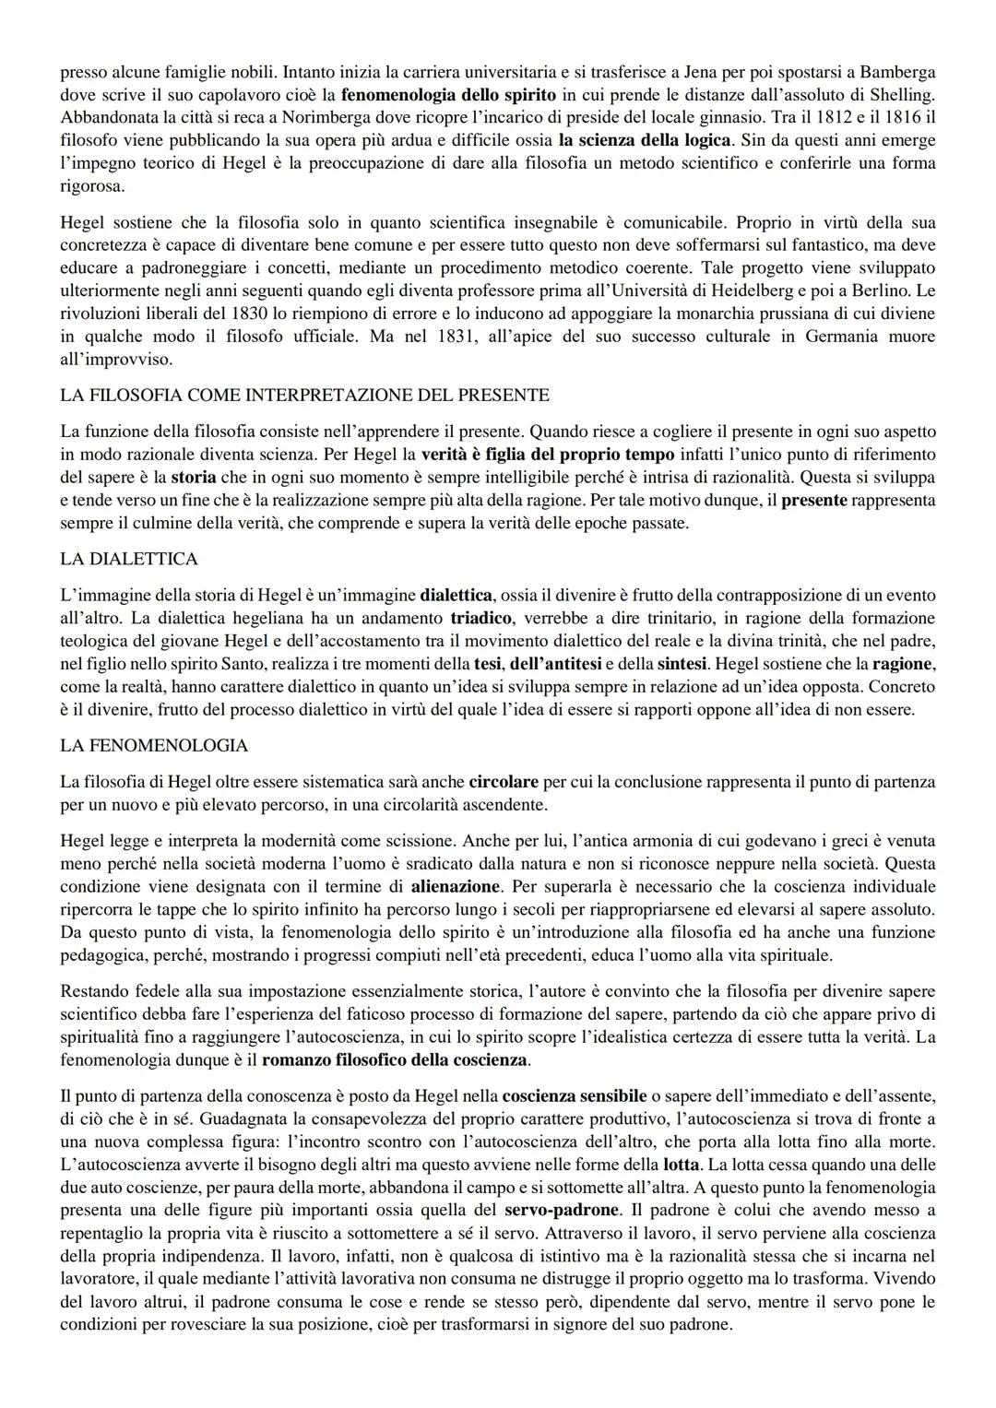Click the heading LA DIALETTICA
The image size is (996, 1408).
128,559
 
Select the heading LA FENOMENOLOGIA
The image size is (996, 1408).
154,744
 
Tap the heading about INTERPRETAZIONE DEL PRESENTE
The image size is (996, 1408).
304,395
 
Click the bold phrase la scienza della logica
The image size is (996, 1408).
645,140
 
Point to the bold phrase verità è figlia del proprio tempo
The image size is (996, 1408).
550,455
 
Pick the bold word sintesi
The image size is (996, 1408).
683,664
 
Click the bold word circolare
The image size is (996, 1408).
504,782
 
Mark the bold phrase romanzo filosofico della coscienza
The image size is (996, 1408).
395,1059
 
